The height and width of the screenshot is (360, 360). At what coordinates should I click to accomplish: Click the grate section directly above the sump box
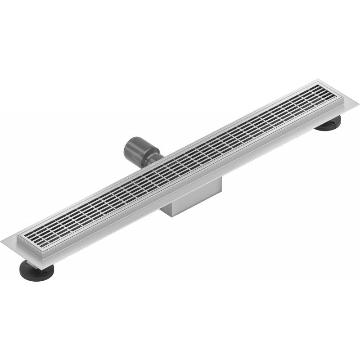pos(189,162)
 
